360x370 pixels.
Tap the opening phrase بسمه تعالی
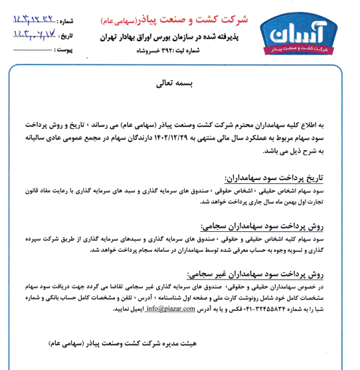(175, 84)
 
